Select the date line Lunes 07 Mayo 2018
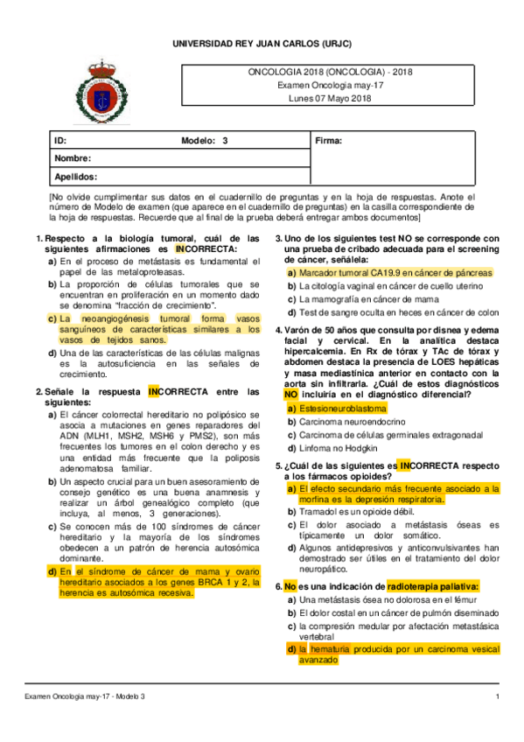[330, 99]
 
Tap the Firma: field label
[327, 141]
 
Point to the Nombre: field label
[73, 158]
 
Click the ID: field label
[60, 141]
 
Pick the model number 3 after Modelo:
[226, 141]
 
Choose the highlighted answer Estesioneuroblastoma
[342, 409]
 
